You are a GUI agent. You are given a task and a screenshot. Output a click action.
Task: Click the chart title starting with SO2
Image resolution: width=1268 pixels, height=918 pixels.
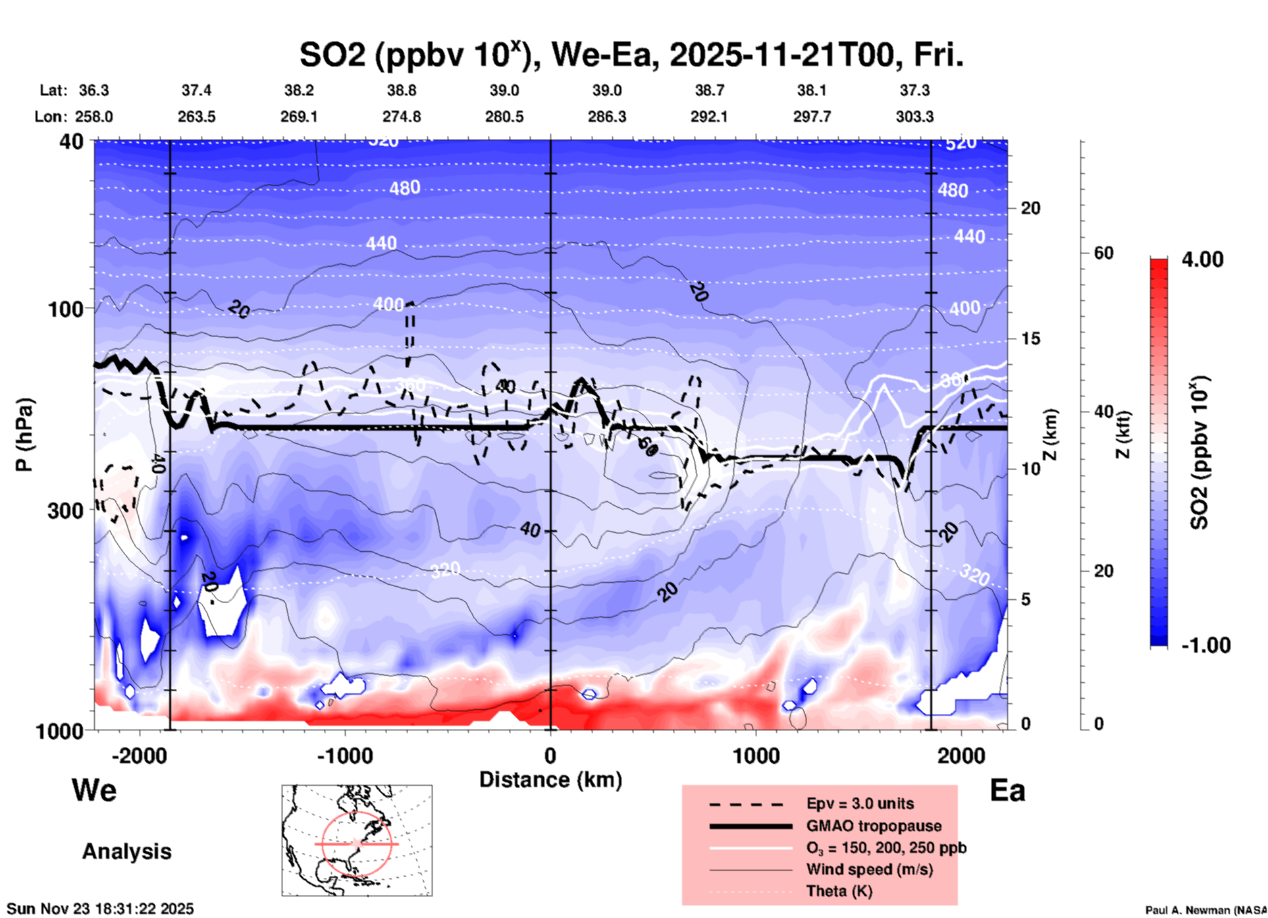click(631, 55)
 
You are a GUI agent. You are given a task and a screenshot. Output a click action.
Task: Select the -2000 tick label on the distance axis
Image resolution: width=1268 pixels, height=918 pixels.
click(140, 756)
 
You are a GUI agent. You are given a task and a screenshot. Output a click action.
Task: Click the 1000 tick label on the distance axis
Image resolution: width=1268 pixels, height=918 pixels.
click(756, 756)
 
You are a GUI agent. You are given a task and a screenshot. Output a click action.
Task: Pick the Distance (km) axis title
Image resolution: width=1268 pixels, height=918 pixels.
click(550, 780)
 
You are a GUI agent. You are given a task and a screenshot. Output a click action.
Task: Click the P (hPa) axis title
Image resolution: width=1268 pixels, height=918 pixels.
click(24, 435)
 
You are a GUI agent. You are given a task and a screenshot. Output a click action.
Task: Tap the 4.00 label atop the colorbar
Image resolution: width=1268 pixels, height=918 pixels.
click(1202, 259)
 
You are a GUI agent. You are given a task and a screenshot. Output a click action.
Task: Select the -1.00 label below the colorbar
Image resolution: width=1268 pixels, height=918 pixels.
click(1205, 645)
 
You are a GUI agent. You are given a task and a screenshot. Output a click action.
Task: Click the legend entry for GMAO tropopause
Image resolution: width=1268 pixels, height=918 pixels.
click(874, 826)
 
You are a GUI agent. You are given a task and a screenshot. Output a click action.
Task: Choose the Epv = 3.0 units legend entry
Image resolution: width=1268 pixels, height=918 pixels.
click(860, 803)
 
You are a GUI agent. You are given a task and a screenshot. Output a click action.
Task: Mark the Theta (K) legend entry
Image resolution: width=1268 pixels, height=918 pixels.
click(839, 891)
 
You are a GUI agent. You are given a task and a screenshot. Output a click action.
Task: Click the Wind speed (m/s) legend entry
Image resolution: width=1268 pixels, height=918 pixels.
click(869, 869)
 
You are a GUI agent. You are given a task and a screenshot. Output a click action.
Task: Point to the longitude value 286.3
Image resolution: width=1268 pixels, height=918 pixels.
click(607, 117)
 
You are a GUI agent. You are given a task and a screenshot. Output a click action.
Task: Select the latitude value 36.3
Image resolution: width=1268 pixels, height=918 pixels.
click(93, 90)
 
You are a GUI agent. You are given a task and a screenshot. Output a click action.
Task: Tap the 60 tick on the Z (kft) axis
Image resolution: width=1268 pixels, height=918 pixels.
click(1103, 253)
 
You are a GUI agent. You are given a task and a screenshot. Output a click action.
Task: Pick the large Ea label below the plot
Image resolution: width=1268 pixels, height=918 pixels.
click(1007, 791)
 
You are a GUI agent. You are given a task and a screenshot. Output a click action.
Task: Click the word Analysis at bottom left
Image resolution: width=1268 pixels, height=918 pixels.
click(126, 851)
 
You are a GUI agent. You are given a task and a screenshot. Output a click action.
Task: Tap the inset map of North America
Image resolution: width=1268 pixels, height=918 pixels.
click(357, 840)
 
